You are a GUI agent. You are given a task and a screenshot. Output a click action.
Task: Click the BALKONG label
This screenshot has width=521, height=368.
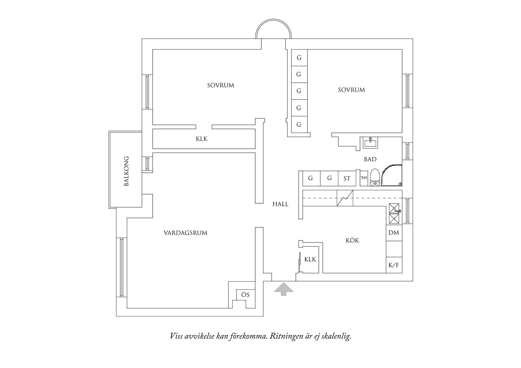pos(127,171)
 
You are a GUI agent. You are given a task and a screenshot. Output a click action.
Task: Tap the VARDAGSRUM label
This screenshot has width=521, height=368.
pos(186,233)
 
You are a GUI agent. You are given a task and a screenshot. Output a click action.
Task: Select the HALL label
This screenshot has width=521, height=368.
pos(280,204)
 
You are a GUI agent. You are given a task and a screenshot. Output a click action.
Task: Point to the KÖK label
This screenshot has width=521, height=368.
pos(353,240)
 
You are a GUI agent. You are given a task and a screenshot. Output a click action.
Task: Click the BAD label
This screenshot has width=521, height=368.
pos(370,159)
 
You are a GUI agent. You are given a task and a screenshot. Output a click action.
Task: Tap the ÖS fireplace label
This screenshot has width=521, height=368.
pos(245,295)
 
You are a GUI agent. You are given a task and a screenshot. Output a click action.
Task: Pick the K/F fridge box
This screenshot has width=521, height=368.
pos(394,265)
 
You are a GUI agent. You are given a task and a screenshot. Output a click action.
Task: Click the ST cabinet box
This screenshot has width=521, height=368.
pos(347,178)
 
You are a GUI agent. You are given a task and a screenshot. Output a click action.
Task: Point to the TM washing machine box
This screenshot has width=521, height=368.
pos(364,178)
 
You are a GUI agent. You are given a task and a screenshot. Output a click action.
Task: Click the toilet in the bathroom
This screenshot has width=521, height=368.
pos(375,177)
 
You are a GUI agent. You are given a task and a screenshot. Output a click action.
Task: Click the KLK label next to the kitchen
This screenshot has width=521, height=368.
pos(310,260)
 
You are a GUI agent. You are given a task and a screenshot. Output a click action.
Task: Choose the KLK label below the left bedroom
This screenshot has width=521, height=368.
pos(202,139)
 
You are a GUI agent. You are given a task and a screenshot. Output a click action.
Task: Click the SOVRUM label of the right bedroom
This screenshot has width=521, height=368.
pos(351,90)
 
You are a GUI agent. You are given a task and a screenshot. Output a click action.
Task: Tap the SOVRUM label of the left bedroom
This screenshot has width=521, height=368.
pos(221,85)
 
